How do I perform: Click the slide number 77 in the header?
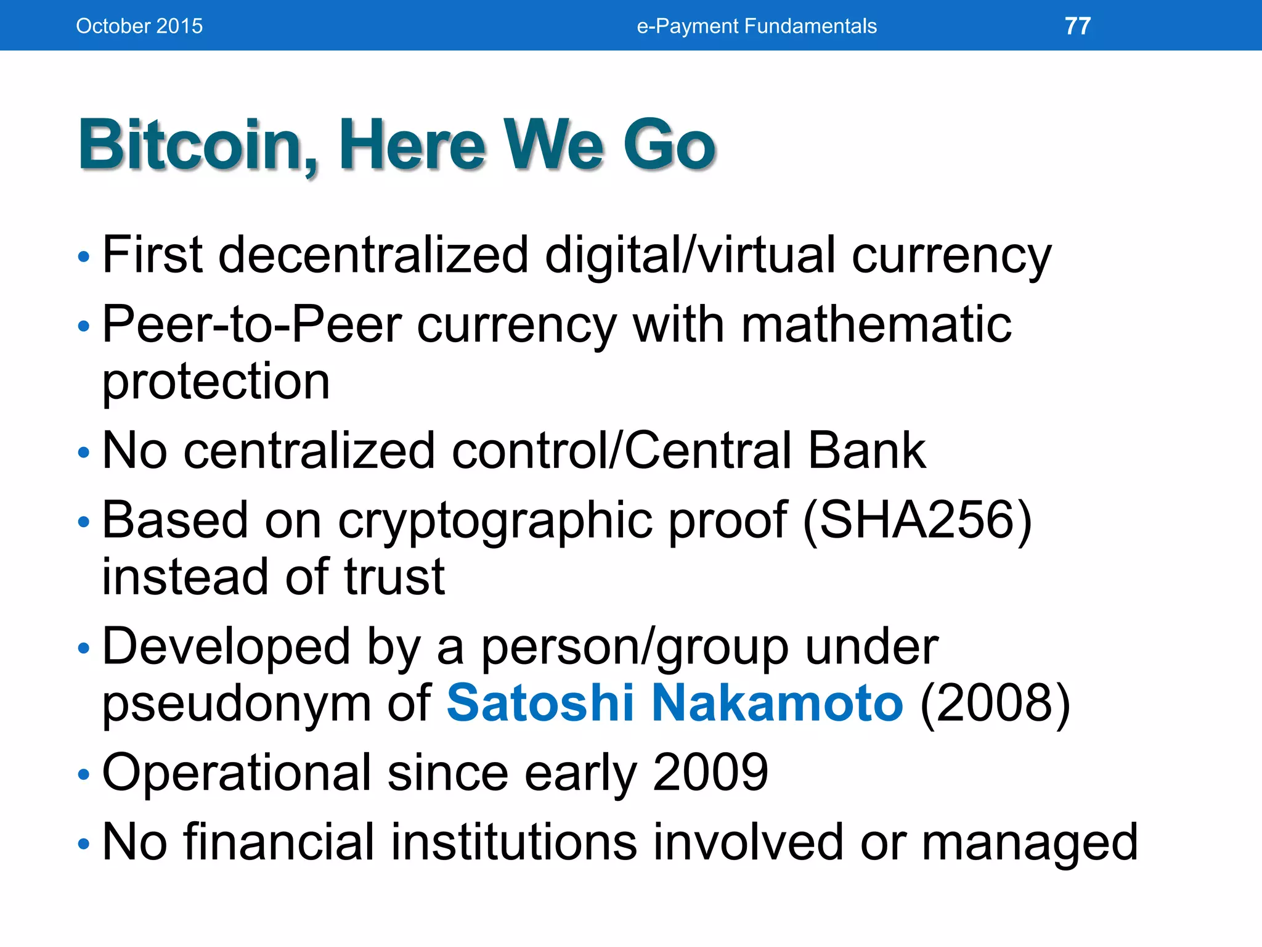click(x=1078, y=26)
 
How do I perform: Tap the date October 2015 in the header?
click(x=139, y=26)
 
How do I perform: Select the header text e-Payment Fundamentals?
click(x=757, y=26)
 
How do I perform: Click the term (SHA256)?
click(x=918, y=520)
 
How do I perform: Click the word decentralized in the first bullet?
click(x=373, y=255)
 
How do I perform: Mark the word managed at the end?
click(x=1029, y=843)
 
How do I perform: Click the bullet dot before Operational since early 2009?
click(x=84, y=774)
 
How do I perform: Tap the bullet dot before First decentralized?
click(x=84, y=256)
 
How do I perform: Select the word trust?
click(x=394, y=577)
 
